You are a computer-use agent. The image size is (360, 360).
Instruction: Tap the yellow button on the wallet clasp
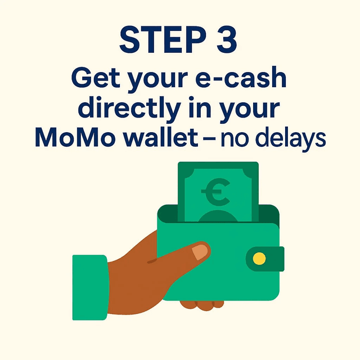pyautogui.click(x=259, y=259)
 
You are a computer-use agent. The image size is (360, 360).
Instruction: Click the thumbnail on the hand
pyautogui.click(x=201, y=251)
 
